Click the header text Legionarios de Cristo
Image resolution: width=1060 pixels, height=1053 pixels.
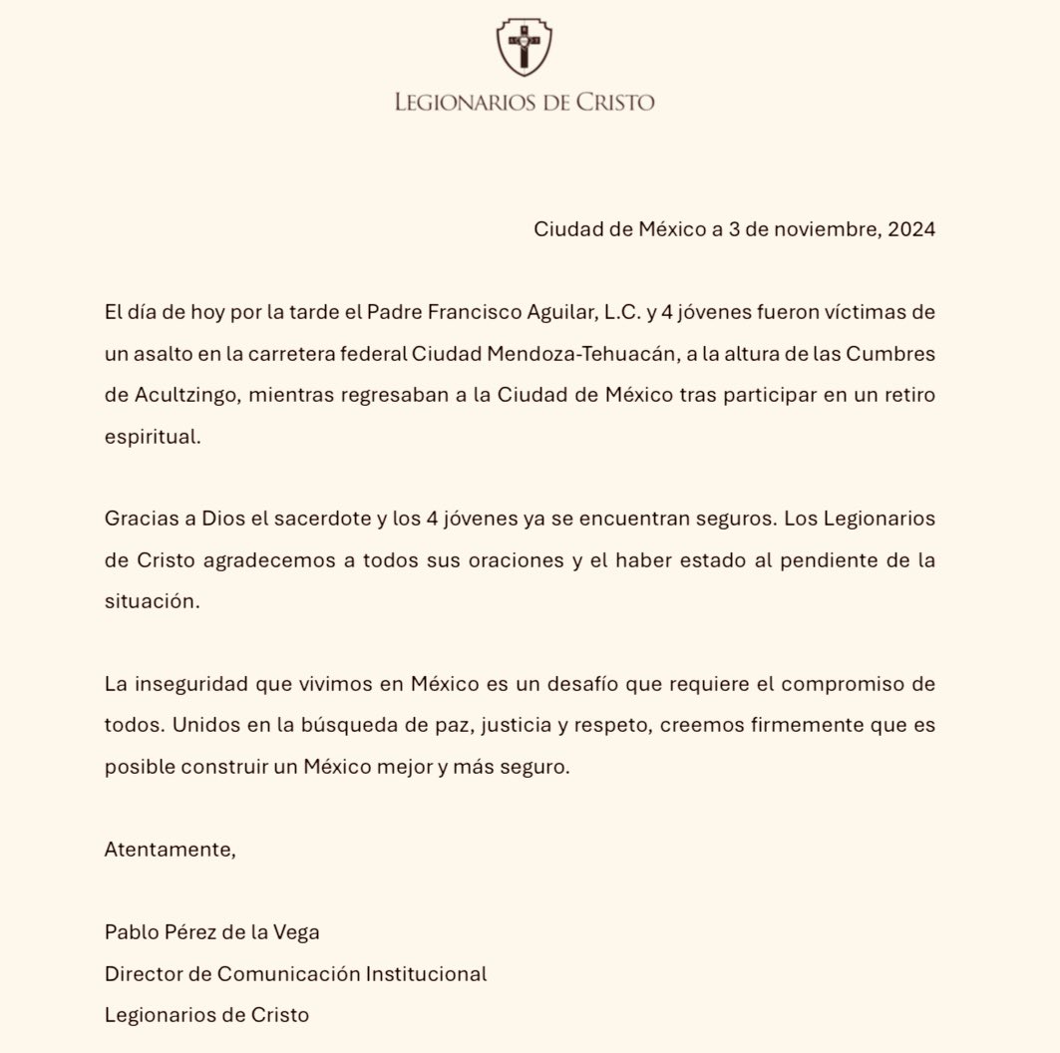[526, 102]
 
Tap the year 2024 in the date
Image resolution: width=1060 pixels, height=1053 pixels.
[910, 229]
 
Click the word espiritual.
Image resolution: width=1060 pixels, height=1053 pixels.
[153, 437]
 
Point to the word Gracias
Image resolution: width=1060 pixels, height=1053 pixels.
[137, 520]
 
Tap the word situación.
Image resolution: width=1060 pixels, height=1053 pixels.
[153, 602]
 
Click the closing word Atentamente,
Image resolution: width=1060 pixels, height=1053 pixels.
[171, 850]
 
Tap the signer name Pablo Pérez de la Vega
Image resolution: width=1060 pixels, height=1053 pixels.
[212, 932]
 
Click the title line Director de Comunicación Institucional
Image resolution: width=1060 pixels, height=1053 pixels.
[295, 973]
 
